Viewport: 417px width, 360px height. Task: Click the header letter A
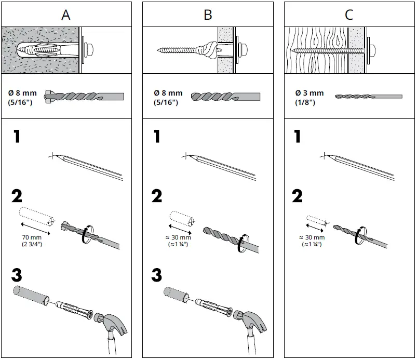click(x=66, y=14)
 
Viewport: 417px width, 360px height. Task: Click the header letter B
click(x=208, y=14)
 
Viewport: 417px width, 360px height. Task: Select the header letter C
click(x=349, y=14)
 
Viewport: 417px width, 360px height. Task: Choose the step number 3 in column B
click(x=156, y=275)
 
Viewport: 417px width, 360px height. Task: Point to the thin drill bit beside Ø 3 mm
click(x=368, y=97)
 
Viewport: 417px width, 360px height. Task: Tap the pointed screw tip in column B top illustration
click(x=159, y=51)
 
